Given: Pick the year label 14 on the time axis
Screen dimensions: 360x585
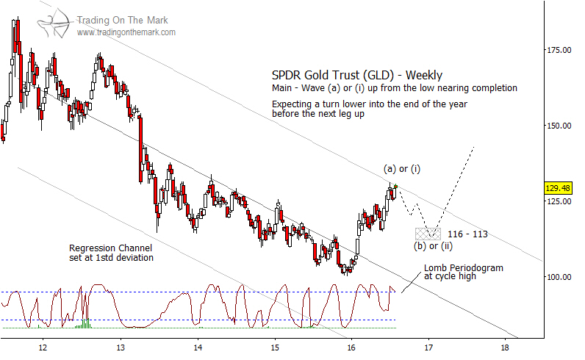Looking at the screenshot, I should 197,347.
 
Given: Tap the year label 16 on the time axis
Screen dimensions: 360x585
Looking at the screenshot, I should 351,347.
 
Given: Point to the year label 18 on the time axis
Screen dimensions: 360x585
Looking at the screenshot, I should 505,347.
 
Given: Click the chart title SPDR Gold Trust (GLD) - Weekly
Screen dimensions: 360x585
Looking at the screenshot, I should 357,75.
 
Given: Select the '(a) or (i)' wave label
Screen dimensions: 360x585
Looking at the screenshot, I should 400,170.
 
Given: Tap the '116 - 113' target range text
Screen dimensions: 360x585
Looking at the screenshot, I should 468,234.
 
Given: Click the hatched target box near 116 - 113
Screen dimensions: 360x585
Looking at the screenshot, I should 428,234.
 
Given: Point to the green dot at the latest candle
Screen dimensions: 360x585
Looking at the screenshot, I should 395,186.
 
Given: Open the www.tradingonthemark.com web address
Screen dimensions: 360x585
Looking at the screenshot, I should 126,33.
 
